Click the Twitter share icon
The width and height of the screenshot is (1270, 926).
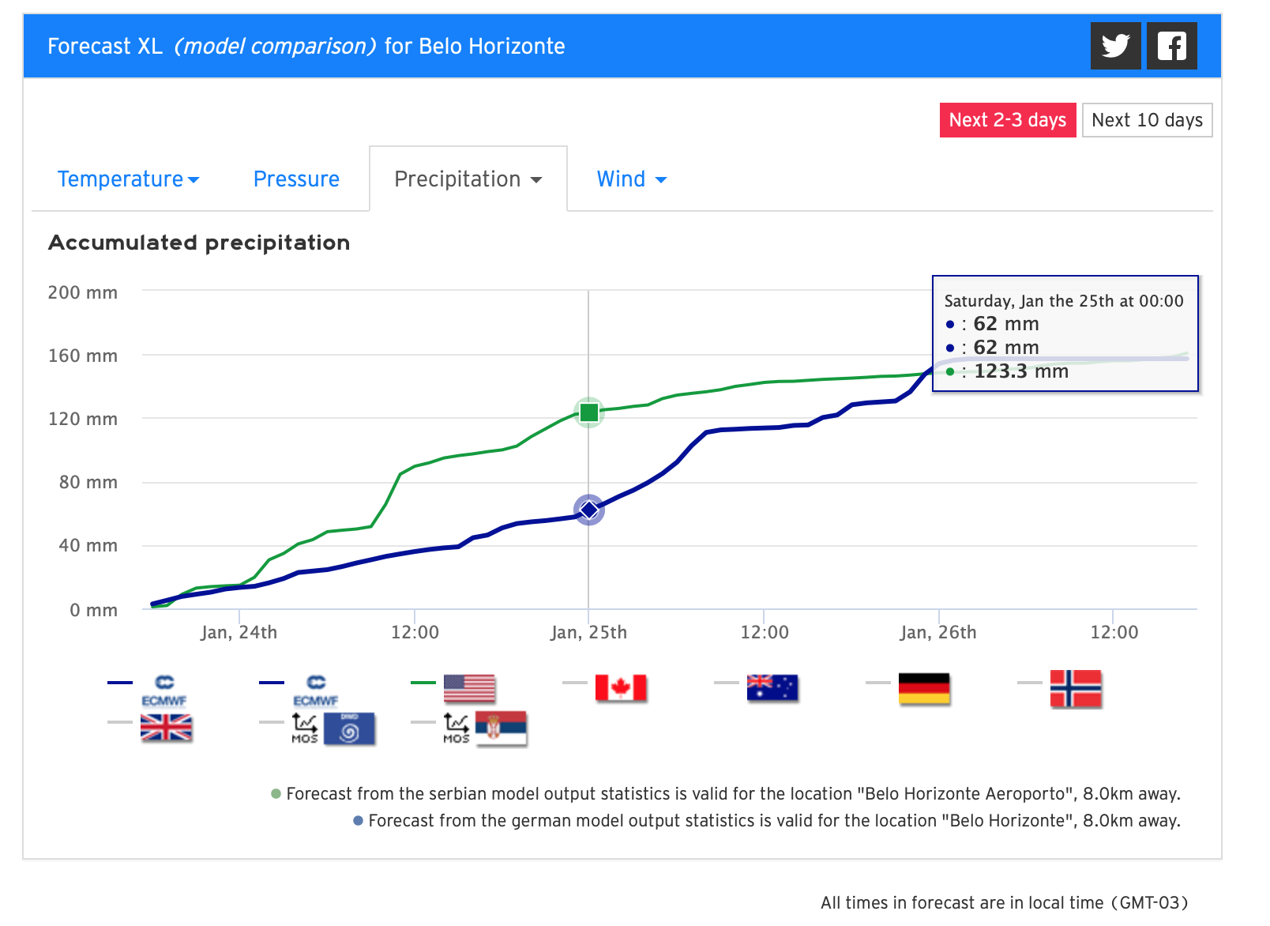1115,46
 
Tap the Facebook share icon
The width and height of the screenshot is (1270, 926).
1171,46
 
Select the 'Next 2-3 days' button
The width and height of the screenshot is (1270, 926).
1007,120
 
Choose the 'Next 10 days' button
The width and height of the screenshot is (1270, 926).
1147,120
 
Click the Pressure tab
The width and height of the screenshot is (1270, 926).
296,179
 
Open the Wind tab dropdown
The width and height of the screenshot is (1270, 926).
631,179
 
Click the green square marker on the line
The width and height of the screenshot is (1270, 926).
589,412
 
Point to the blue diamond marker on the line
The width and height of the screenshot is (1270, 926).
589,510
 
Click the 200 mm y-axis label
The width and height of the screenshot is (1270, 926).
83,292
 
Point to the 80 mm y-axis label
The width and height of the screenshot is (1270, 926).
88,482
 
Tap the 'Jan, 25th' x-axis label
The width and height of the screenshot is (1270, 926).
588,632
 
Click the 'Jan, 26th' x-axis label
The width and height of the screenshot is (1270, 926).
938,632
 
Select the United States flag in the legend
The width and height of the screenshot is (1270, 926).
469,688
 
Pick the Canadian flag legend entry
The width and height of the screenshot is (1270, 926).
621,688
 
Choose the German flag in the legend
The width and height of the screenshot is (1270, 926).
924,688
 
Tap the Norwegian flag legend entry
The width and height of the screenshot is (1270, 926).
1076,688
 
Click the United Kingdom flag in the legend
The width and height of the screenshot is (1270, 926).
166,728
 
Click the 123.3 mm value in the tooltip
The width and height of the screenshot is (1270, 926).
1020,371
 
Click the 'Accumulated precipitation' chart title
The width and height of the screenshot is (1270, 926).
199,243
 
